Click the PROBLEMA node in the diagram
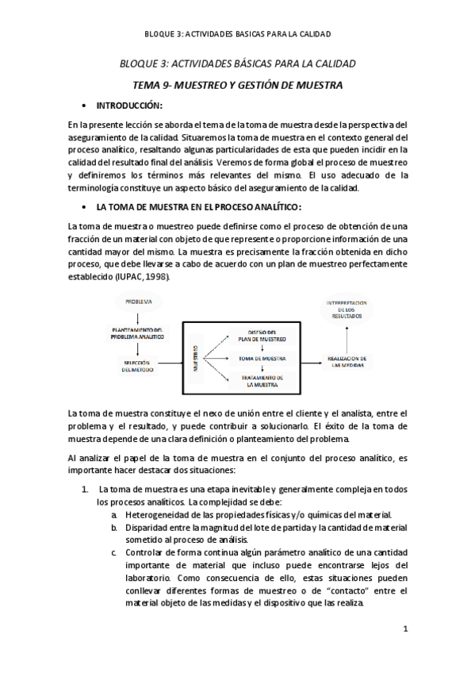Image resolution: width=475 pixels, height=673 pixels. pyautogui.click(x=138, y=301)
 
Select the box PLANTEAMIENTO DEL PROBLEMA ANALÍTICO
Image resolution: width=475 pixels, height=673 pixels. pyautogui.click(x=138, y=333)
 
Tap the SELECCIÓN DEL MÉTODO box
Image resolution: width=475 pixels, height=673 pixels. pyautogui.click(x=138, y=366)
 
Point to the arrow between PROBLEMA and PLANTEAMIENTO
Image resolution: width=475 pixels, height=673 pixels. pyautogui.click(x=138, y=316)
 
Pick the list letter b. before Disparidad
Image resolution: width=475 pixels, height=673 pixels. pyautogui.click(x=115, y=527)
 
